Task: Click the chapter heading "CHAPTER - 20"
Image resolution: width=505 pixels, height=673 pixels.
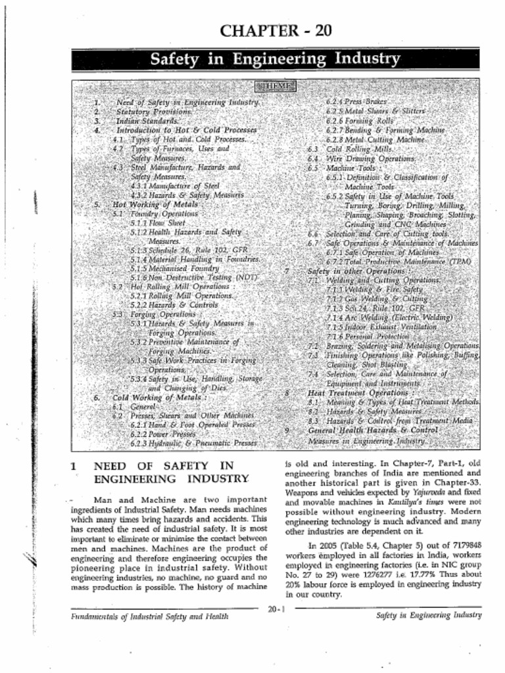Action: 276,30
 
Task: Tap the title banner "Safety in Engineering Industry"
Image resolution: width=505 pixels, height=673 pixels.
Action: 276,59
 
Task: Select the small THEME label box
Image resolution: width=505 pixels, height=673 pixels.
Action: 276,86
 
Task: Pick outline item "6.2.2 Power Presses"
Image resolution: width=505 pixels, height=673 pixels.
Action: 163,434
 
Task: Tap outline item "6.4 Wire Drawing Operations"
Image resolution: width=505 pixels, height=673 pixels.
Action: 370,158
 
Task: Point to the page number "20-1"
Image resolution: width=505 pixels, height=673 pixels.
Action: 276,609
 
